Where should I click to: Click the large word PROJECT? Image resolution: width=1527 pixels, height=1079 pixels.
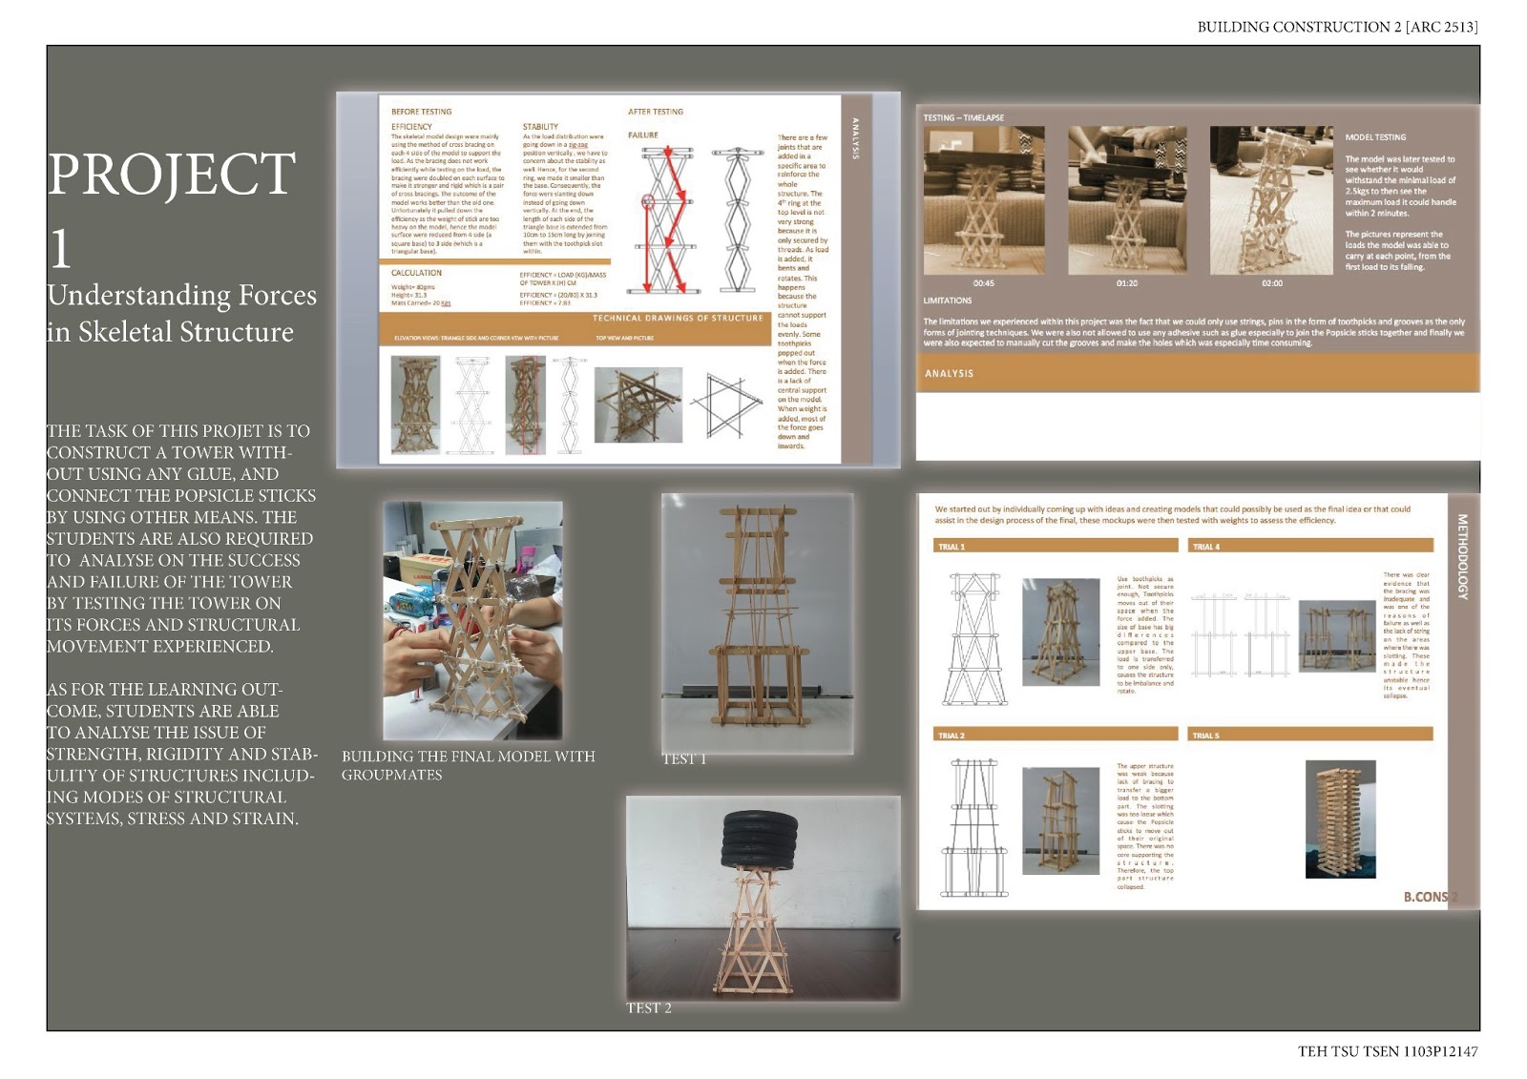(172, 174)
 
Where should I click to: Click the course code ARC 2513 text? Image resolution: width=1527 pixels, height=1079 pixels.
(1441, 27)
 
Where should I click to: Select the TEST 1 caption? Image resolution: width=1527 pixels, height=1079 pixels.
(684, 759)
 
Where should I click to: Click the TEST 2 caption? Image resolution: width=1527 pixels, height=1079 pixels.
(649, 1008)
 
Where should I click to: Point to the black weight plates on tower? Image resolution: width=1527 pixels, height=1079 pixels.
(761, 840)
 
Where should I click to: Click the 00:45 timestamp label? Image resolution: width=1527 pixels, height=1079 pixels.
(983, 283)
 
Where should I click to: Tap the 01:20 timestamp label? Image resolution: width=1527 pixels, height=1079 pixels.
(1126, 283)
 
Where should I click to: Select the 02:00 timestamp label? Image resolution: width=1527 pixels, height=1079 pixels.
(1272, 283)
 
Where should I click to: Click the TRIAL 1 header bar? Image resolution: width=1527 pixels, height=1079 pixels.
(1056, 547)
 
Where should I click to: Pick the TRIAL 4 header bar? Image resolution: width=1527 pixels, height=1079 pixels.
(1311, 547)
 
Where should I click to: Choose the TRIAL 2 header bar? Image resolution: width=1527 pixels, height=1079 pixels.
(1056, 736)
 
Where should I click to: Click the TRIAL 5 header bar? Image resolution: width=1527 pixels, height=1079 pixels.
(1311, 736)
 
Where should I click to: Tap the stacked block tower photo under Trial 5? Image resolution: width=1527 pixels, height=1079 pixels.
(1340, 819)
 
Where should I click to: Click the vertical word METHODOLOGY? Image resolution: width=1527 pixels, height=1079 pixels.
(1462, 556)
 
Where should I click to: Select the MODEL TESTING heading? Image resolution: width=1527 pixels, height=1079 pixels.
(1375, 137)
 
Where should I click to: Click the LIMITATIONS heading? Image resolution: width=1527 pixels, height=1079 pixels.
(948, 301)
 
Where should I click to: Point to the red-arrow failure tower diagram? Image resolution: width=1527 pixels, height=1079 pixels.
(664, 219)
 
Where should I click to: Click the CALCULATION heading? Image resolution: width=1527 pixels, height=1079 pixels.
(416, 273)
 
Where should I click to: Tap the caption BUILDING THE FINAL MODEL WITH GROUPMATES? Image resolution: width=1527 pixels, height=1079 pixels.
(468, 765)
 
